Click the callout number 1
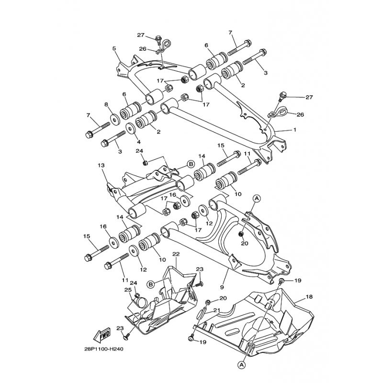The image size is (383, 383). point(295,130)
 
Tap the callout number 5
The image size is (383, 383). point(114,48)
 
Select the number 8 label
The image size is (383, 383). point(106,104)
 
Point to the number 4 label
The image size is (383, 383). point(138,141)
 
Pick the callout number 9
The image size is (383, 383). point(222,288)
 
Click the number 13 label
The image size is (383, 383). point(101,165)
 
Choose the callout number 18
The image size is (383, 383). point(309,297)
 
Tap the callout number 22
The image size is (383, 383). point(176,254)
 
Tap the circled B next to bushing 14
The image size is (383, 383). point(191,164)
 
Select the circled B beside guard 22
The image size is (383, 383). point(151,284)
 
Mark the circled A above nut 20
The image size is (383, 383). point(257,198)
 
